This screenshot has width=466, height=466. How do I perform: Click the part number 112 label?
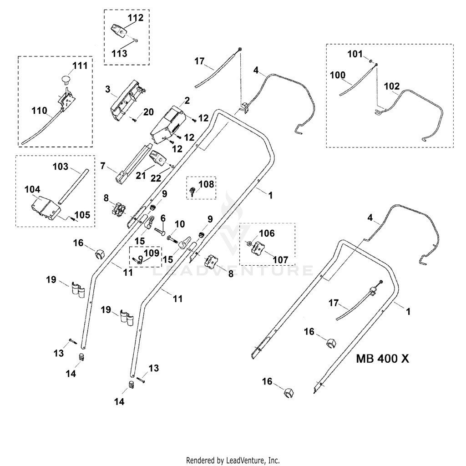[x=136, y=18]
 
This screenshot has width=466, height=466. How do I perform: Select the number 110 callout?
[x=39, y=111]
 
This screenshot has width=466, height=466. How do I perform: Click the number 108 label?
[x=206, y=184]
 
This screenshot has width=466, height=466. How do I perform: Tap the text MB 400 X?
[x=382, y=359]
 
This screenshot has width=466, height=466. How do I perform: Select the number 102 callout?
[x=392, y=86]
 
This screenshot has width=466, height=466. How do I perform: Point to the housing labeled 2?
[x=168, y=125]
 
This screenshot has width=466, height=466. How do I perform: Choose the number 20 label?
[x=148, y=112]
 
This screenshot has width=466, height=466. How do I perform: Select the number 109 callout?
[x=152, y=253]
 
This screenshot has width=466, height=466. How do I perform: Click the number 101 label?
[x=355, y=54]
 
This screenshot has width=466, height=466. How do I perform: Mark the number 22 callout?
[x=156, y=178]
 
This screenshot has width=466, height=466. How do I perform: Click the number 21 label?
[x=141, y=176]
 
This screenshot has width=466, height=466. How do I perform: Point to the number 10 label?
[x=179, y=224]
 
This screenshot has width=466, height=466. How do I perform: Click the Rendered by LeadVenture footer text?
[x=233, y=461]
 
